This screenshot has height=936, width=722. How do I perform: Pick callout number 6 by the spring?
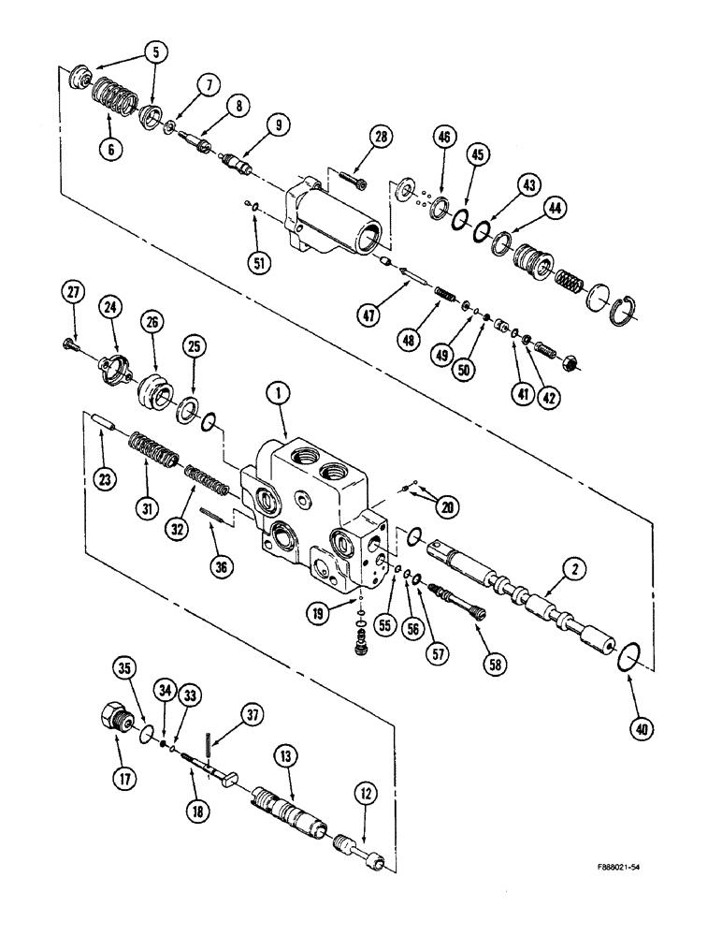(111, 148)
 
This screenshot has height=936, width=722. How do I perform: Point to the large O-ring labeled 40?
(627, 659)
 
